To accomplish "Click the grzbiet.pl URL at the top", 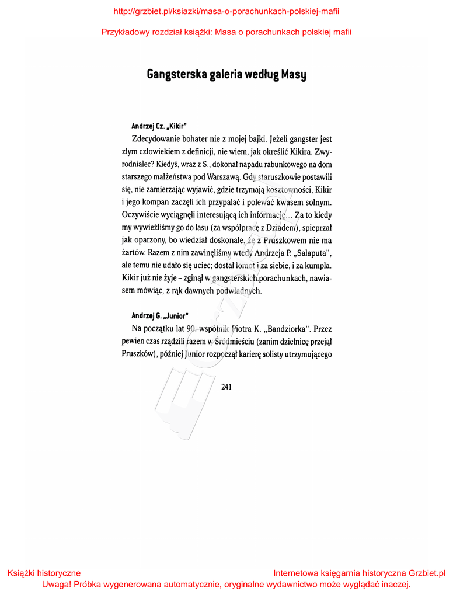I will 226,11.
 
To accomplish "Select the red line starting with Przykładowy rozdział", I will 226,32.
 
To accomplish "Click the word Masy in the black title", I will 294,75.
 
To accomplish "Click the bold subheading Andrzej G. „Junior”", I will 159,316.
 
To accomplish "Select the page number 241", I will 226,386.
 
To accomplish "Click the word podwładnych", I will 240,290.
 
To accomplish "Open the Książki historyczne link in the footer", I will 44,573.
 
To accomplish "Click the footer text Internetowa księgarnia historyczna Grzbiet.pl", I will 359,573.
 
